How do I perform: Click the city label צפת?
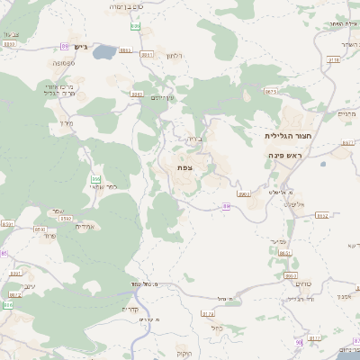tap(184, 167)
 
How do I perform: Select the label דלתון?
tap(175, 56)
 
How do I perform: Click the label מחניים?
tap(346, 114)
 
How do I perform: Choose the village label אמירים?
tap(83, 226)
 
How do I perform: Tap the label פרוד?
tap(49, 235)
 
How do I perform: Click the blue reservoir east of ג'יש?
tap(104, 51)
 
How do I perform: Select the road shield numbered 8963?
tap(243, 193)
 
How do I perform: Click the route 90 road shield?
tap(297, 342)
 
